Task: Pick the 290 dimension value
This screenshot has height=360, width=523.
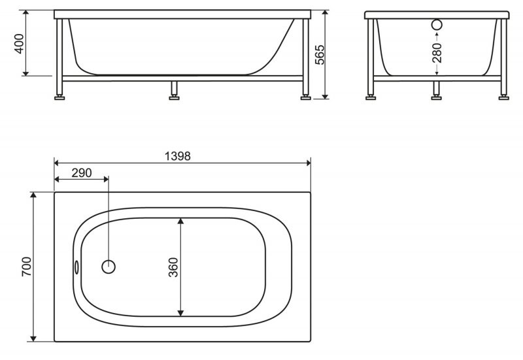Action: (81, 172)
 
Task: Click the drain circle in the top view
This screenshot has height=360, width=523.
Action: (109, 267)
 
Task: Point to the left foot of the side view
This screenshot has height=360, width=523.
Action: (60, 97)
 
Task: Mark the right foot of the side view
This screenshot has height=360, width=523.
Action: (305, 97)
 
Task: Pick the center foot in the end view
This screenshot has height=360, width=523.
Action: (437, 97)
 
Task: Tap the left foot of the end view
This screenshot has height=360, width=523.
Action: (371, 97)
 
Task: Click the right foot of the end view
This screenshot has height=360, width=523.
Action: (503, 97)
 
